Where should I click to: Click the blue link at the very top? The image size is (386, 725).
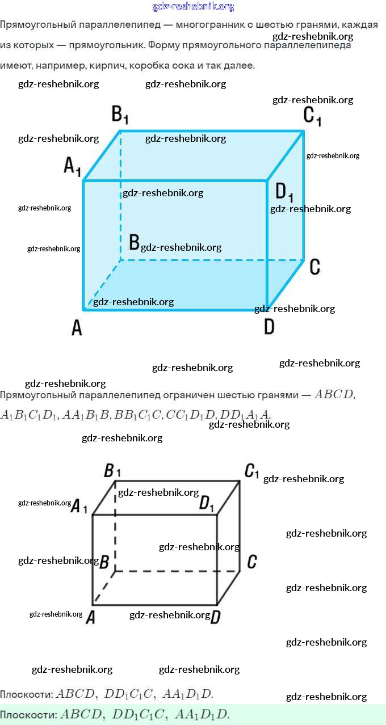pos(193,7)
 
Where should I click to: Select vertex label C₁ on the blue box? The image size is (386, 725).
pos(312,116)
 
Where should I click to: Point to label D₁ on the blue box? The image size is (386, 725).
pos(284,192)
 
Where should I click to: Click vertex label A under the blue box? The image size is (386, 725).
pos(77,327)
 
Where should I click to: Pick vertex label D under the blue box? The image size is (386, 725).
pos(269,327)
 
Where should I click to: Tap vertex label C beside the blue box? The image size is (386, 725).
pos(315,267)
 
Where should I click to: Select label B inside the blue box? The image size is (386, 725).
pos(135,243)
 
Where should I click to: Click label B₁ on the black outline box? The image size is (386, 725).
pos(112,471)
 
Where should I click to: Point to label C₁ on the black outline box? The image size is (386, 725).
pos(251,471)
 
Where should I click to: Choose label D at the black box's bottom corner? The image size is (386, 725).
pos(215,617)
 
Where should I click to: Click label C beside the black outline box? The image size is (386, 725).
pos(252,562)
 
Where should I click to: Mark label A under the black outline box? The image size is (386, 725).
pos(90,618)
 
